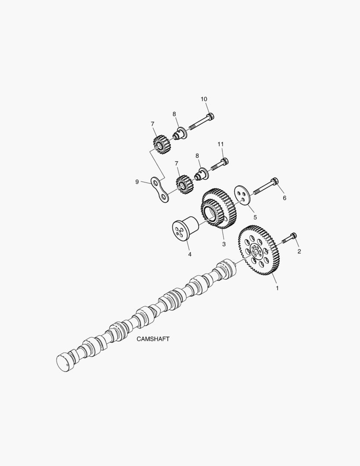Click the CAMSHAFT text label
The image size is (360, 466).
[x=153, y=339]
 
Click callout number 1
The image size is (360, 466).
[x=277, y=287]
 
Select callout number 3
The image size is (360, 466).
[x=224, y=244]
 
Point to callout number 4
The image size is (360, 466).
[x=189, y=254]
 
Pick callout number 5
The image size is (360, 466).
[x=255, y=217]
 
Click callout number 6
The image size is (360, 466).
[x=284, y=198]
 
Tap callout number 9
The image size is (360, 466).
[x=137, y=182]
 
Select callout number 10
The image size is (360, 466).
[x=204, y=99]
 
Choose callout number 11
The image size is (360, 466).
[x=220, y=144]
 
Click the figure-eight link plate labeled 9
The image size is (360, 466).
[x=159, y=189]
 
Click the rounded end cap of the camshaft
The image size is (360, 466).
[x=64, y=362]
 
